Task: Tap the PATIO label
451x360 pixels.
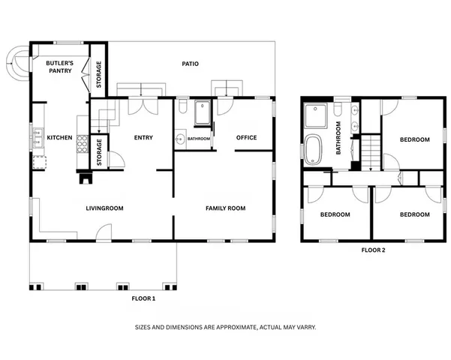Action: point(191,64)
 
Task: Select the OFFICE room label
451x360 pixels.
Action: point(246,137)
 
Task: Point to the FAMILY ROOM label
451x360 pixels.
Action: point(225,208)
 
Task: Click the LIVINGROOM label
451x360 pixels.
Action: point(104,208)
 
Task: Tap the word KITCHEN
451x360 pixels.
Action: point(59,138)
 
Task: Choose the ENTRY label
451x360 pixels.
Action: point(143,137)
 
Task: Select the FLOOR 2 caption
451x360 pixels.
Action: point(373,250)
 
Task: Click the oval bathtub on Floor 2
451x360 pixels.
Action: point(314,149)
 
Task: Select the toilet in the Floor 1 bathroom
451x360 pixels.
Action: point(182,103)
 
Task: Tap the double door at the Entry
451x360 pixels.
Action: point(143,106)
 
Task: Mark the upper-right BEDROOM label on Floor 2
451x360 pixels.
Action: point(414,139)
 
